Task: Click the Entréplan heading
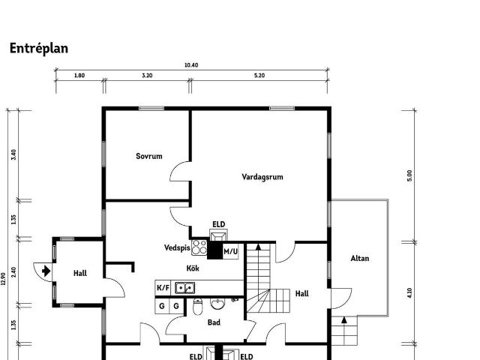[x=39, y=48]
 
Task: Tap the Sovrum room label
[x=149, y=156]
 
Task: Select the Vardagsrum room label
[x=262, y=177]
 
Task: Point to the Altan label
[x=360, y=258]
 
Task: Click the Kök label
[x=193, y=268]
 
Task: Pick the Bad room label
[x=214, y=322]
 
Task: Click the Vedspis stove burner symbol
[x=199, y=247]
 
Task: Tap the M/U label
[x=230, y=252]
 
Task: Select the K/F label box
[x=163, y=288]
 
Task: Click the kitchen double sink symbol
[x=185, y=288]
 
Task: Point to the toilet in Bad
[x=198, y=307]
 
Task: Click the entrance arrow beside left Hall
[x=46, y=271]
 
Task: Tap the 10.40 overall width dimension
[x=191, y=65]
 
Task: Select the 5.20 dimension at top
[x=259, y=75]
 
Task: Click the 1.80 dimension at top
[x=79, y=75]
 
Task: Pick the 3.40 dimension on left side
[x=13, y=154]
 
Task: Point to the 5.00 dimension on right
[x=409, y=175]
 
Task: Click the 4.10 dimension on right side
[x=409, y=293]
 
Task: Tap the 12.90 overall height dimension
[x=4, y=279]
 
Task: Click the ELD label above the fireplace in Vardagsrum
[x=218, y=224]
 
